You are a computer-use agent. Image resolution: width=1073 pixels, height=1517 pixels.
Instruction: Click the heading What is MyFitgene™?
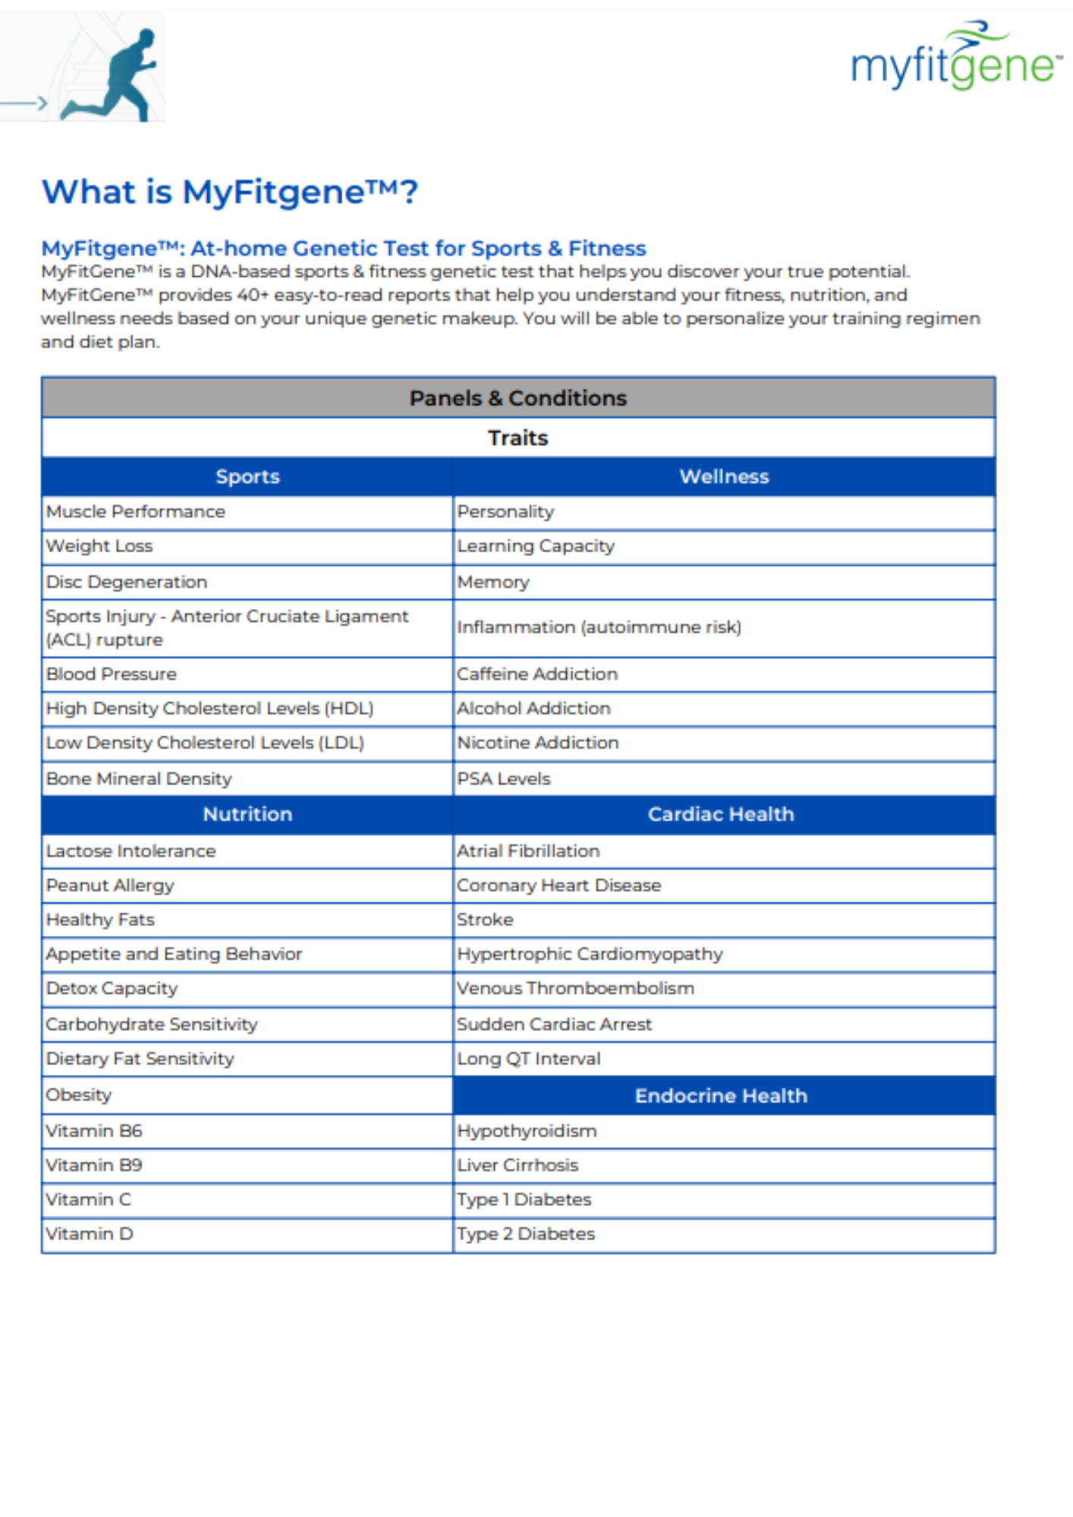[229, 192]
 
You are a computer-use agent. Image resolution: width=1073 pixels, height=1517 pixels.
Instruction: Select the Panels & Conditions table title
[518, 397]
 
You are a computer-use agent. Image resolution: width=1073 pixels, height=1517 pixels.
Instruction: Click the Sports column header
[247, 476]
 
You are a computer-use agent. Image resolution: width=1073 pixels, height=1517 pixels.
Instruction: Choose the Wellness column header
[724, 476]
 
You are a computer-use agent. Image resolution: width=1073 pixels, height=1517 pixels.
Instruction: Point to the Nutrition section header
[247, 814]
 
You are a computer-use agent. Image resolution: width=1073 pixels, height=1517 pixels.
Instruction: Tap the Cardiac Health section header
[721, 814]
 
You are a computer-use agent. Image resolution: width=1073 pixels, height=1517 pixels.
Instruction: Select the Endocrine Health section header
[721, 1095]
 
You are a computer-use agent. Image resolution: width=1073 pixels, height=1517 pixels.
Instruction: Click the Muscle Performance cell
[136, 512]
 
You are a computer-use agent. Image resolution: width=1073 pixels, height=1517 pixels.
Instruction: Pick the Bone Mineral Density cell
[139, 779]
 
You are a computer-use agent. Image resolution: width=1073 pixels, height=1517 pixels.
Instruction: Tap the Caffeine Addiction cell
[537, 674]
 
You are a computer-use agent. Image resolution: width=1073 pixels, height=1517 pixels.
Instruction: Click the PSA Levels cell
[504, 779]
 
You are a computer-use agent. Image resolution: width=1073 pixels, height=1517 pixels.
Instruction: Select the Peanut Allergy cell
[110, 885]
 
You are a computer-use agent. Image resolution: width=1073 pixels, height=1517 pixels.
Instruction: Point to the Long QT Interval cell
[529, 1059]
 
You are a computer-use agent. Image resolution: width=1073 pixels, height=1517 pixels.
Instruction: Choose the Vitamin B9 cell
[94, 1165]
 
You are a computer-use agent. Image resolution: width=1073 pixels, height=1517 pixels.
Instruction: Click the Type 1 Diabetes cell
[524, 1199]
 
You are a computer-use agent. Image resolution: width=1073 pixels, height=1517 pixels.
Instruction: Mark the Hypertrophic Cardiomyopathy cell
[590, 954]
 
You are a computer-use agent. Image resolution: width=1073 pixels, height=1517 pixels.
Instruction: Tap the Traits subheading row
[518, 438]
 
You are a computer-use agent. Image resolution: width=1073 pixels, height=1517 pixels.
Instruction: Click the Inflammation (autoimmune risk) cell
[599, 627]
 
